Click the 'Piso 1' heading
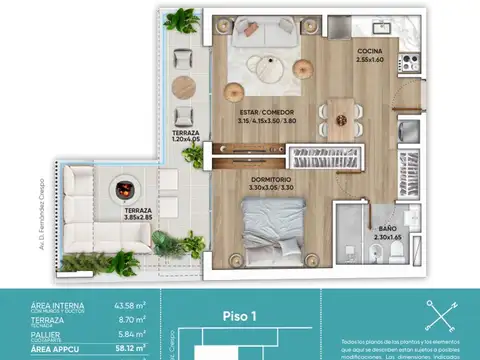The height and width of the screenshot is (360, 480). tap(242, 316)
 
